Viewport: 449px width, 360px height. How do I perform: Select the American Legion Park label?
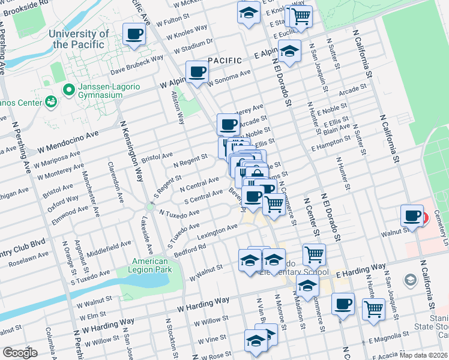tap(150, 266)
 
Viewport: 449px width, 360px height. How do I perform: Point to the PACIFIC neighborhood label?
tap(224, 61)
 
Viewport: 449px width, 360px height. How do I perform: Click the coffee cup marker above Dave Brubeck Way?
tap(134, 34)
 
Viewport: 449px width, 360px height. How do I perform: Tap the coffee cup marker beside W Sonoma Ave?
tap(197, 72)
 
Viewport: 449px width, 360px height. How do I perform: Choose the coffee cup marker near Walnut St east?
tap(413, 215)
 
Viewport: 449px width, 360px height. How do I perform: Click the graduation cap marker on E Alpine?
tap(289, 51)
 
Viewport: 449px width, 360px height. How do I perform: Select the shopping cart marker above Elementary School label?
tap(314, 254)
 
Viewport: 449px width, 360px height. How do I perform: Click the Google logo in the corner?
tap(20, 352)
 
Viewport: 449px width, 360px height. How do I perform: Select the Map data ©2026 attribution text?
tap(422, 355)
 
